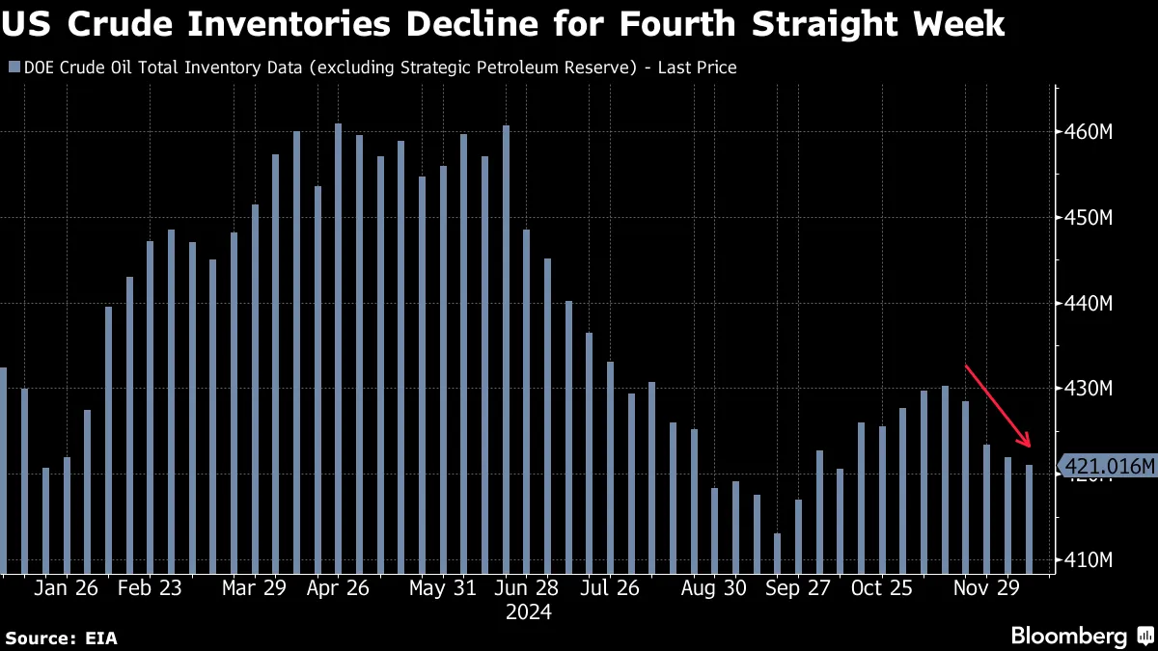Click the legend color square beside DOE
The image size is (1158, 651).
click(13, 68)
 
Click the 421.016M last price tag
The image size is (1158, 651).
click(1108, 467)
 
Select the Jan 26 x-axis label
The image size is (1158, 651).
click(66, 588)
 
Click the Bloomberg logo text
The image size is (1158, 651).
click(1068, 636)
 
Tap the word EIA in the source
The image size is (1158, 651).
click(100, 637)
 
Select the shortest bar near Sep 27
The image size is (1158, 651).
click(777, 554)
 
